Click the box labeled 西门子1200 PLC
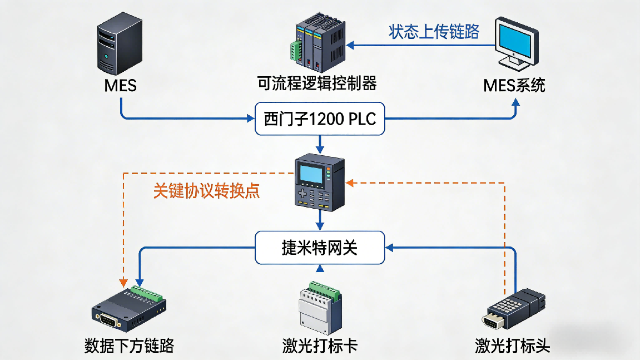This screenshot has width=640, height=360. [x=319, y=119]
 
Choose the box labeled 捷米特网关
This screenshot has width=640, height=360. [x=319, y=248]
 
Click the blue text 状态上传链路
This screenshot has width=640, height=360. [x=434, y=31]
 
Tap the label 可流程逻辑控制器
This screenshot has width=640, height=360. [x=317, y=83]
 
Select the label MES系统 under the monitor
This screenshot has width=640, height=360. [x=514, y=85]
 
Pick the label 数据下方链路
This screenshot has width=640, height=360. [x=129, y=346]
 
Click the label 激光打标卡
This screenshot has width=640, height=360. [x=319, y=346]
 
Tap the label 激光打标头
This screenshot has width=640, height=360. [x=512, y=346]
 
